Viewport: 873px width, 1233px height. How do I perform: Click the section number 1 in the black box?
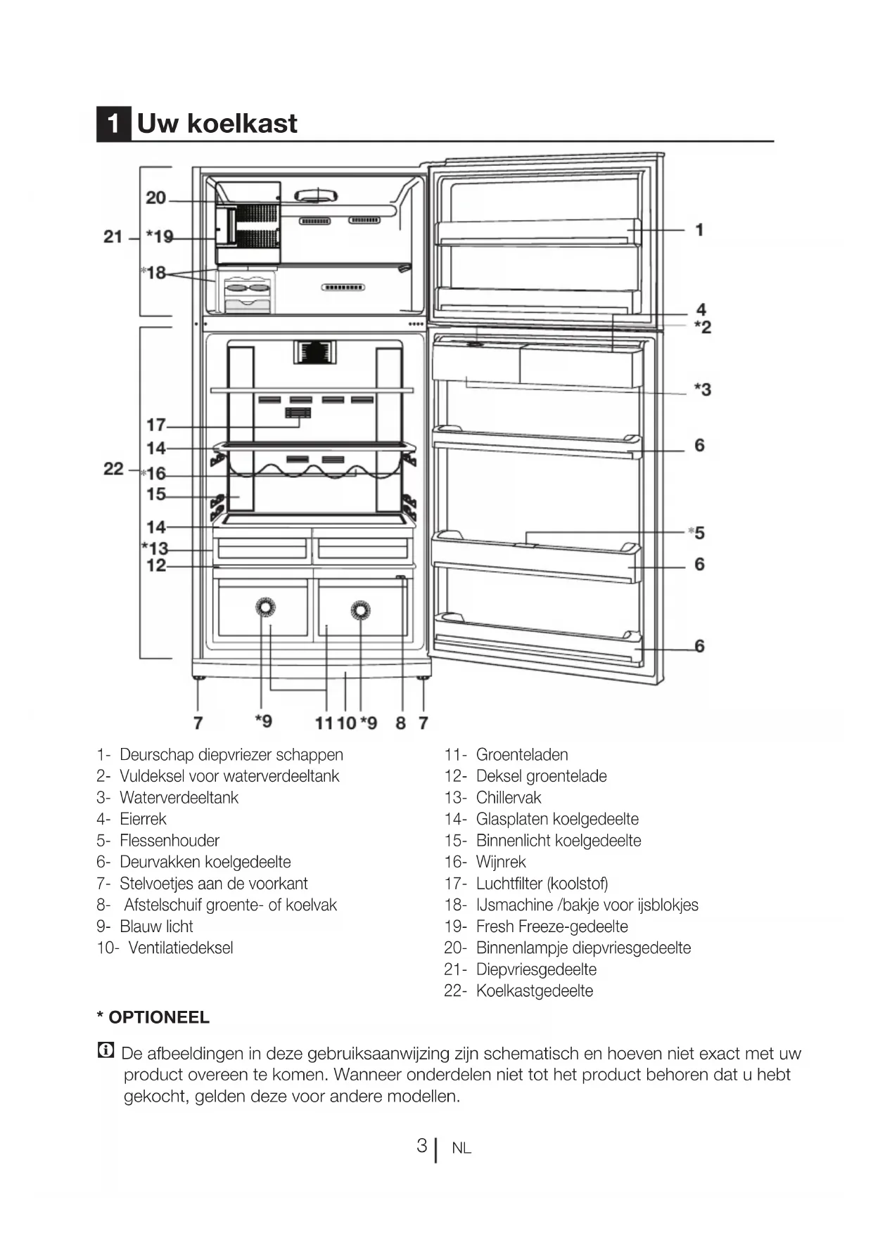(x=113, y=124)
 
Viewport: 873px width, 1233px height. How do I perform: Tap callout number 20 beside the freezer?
(x=155, y=198)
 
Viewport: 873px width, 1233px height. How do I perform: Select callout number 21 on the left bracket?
(x=113, y=237)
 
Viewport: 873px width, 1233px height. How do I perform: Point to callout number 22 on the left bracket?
(x=113, y=469)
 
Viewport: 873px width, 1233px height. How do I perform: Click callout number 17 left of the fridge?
(x=155, y=425)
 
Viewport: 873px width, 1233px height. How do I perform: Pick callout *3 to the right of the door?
(x=702, y=389)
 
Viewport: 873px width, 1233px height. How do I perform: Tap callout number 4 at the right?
(x=701, y=309)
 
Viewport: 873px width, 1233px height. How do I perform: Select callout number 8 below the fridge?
(x=400, y=723)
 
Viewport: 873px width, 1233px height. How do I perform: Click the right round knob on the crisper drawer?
(x=360, y=610)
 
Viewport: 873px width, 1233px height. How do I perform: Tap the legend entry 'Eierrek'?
(x=143, y=819)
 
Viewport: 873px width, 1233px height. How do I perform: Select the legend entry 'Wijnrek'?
(x=501, y=862)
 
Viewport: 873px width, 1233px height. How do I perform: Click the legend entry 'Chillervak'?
(x=509, y=798)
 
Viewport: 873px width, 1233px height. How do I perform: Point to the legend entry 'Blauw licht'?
(x=156, y=927)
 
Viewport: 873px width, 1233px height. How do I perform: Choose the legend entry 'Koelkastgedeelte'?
(x=535, y=991)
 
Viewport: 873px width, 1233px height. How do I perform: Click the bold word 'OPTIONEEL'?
(x=158, y=1018)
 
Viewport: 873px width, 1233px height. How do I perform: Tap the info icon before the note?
(x=106, y=1052)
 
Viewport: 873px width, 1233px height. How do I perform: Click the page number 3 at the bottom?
(x=421, y=1147)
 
